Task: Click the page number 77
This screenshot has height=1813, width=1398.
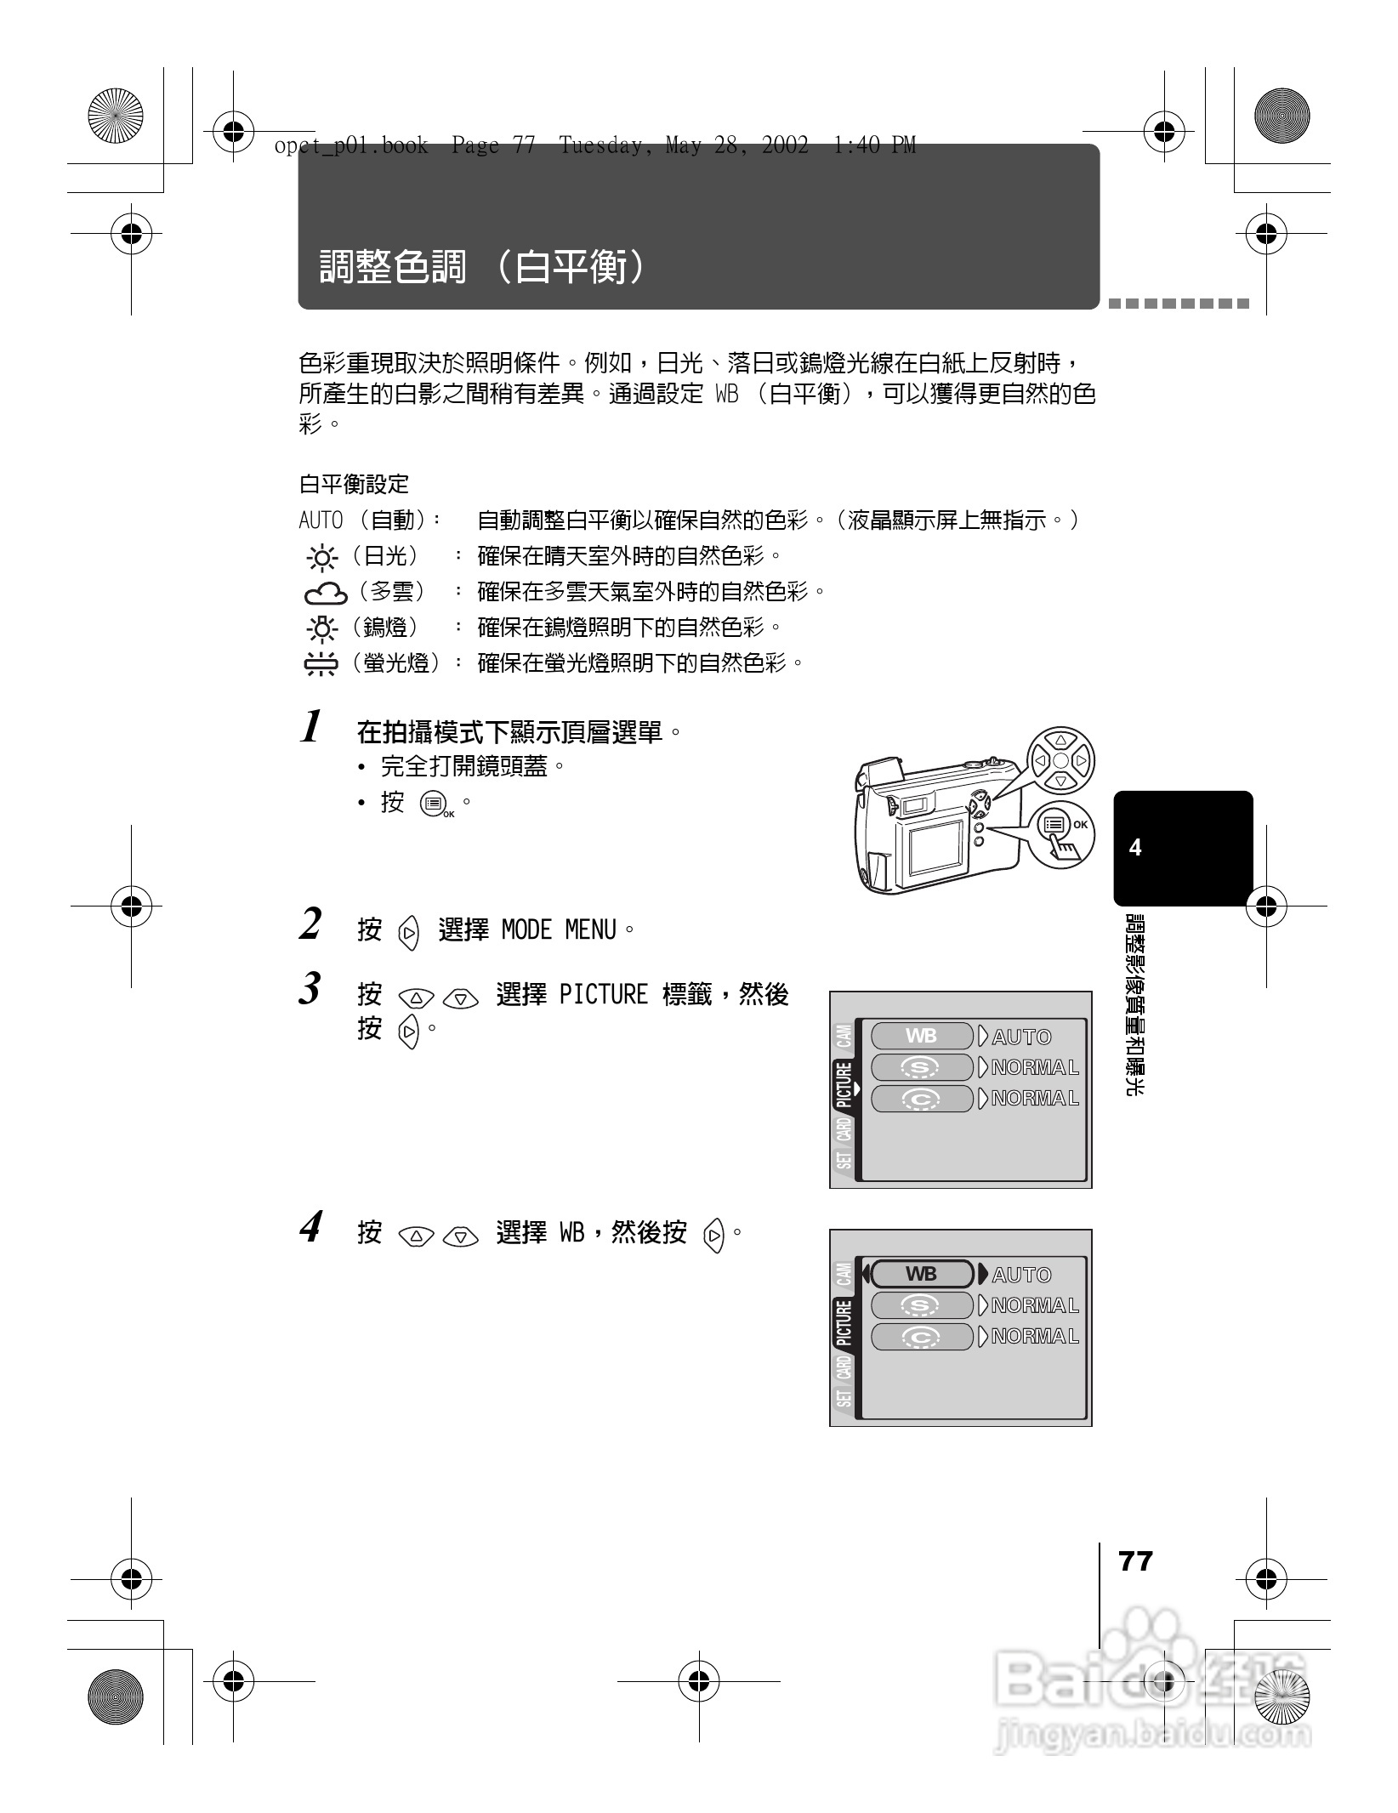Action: pyautogui.click(x=1135, y=1561)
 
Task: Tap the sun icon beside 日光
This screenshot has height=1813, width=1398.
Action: pyautogui.click(x=322, y=558)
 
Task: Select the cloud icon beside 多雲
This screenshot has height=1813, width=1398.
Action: pyautogui.click(x=326, y=593)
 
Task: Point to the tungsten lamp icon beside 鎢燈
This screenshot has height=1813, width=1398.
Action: pyautogui.click(x=322, y=628)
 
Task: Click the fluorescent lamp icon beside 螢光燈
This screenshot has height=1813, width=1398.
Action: pyautogui.click(x=321, y=664)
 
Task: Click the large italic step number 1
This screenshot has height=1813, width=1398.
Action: pyautogui.click(x=312, y=728)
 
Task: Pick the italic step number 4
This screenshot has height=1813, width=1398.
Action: pyautogui.click(x=311, y=1228)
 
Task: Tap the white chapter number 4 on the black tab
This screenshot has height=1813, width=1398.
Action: pyautogui.click(x=1134, y=848)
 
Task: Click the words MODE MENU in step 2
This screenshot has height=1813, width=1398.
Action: pyautogui.click(x=559, y=930)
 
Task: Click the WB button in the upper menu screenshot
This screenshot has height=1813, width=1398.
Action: pyautogui.click(x=922, y=1036)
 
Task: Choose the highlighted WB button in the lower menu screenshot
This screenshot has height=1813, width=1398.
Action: pyautogui.click(x=922, y=1274)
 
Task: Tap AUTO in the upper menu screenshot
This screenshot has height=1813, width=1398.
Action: pyautogui.click(x=1022, y=1037)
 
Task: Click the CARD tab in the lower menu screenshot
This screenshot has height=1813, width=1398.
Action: pyautogui.click(x=844, y=1368)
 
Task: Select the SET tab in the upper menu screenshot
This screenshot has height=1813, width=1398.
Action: pyautogui.click(x=844, y=1159)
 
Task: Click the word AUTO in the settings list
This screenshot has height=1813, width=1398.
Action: pyautogui.click(x=321, y=520)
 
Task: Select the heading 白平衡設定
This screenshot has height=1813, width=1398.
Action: pyautogui.click(x=354, y=485)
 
